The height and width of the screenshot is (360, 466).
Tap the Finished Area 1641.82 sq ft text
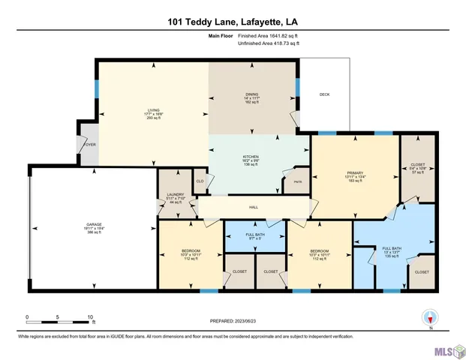tap(267, 35)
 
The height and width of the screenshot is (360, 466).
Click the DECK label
tap(324, 94)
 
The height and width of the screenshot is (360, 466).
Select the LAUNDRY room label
tap(175, 197)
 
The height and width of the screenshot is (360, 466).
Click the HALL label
tap(254, 206)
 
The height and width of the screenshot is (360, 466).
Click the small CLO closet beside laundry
tap(200, 181)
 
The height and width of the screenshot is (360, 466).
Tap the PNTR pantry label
tap(298, 181)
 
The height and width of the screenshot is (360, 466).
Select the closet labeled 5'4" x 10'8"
tap(418, 169)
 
